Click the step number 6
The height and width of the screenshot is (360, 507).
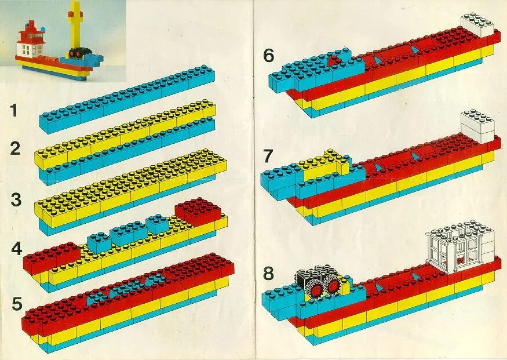pyautogui.click(x=268, y=56)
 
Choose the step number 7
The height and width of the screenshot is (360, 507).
pyautogui.click(x=268, y=156)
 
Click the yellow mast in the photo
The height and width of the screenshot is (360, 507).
pyautogui.click(x=74, y=26)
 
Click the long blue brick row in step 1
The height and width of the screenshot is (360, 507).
pyautogui.click(x=127, y=99)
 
